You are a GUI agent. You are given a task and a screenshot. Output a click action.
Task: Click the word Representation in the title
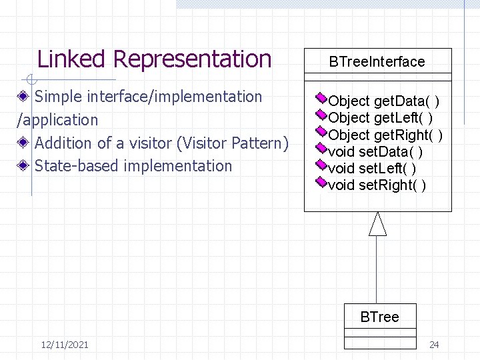193,59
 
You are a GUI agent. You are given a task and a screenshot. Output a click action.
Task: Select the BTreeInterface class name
377,62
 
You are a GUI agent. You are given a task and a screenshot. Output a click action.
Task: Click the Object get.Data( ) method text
383,101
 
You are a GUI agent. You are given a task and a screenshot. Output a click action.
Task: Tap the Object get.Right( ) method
385,135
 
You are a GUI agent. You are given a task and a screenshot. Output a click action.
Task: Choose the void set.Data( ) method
375,152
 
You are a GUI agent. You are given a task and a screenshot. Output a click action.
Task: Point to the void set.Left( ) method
372,169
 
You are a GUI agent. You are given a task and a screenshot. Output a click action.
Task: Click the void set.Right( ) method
377,185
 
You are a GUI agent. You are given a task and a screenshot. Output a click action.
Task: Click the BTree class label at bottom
379,317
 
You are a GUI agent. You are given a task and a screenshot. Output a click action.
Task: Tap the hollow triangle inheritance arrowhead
378,224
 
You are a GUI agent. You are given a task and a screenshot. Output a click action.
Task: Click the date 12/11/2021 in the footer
64,345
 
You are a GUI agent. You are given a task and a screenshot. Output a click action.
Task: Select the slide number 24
434,345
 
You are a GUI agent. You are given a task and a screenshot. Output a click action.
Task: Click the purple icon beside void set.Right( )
321,182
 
